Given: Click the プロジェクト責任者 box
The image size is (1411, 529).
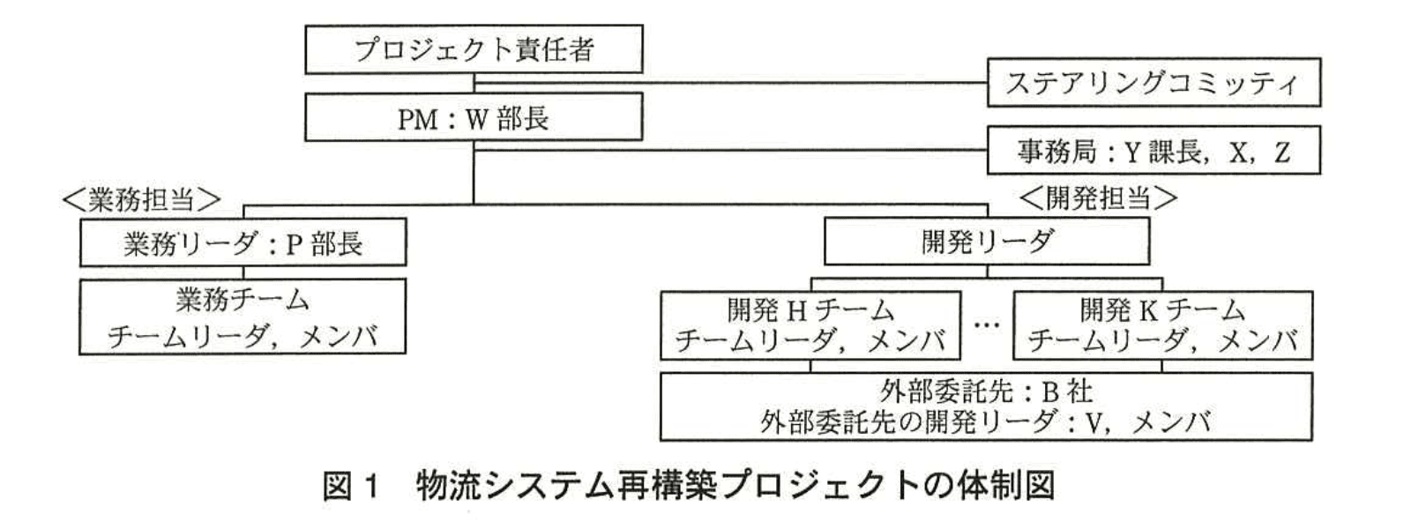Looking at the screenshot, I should coord(474,49).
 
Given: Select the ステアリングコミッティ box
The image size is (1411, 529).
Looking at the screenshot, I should coord(1153,83).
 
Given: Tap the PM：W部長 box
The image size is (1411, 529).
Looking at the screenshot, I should coord(474,118).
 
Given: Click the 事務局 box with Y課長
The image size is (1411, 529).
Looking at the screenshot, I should coord(1153,152).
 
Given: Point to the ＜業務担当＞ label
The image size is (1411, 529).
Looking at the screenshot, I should coord(141,200).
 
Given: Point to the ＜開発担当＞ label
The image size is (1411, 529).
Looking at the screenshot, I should coord(1098,197).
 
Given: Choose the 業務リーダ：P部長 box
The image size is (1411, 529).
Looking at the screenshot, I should coord(243,242).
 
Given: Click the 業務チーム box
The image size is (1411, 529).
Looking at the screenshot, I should coord(243,317).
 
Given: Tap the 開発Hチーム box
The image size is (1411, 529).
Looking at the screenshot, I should coord(810,325).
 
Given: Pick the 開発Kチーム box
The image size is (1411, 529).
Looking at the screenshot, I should coord(1162,325).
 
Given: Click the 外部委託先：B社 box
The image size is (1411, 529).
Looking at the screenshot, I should coord(986,406).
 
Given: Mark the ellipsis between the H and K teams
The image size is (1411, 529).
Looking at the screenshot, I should coord(987,325).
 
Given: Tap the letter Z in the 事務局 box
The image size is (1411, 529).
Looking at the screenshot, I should coord(1281,153).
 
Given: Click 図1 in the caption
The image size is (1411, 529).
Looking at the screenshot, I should coord(351,486).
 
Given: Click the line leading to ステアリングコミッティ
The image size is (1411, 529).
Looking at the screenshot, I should coord(732,83).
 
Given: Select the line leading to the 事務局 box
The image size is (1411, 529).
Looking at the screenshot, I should coord(732,151).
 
